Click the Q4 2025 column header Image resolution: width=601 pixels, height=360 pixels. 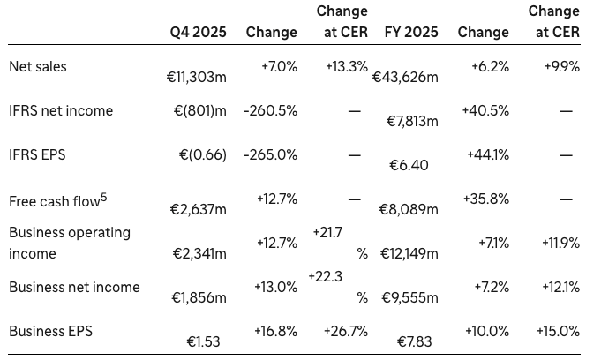tap(198, 32)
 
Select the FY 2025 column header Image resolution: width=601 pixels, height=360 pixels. tap(412, 32)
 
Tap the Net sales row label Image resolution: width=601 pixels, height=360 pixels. tap(37, 66)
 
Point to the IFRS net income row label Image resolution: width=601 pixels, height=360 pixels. tap(60, 110)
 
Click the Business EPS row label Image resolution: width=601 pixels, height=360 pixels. tap(50, 331)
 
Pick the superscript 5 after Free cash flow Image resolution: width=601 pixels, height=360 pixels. tap(103, 196)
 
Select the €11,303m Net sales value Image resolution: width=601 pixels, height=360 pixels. tap(196, 78)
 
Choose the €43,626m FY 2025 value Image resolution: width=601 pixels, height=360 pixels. tap(405, 78)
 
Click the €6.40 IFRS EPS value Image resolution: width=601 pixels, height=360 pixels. tap(409, 165)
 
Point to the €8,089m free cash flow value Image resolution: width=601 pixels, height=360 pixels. tap(409, 209)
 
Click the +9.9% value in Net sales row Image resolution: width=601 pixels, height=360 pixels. tap(562, 66)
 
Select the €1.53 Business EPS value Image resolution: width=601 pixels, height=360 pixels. tap(204, 341)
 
